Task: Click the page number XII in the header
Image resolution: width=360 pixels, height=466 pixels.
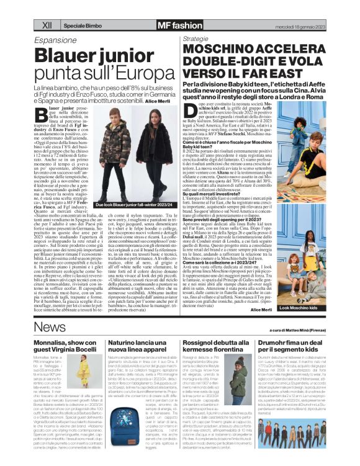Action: click(x=47, y=25)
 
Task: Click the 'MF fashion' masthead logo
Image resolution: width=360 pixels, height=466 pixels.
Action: click(x=163, y=25)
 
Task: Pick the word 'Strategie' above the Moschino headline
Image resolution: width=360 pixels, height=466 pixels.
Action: click(x=196, y=38)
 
